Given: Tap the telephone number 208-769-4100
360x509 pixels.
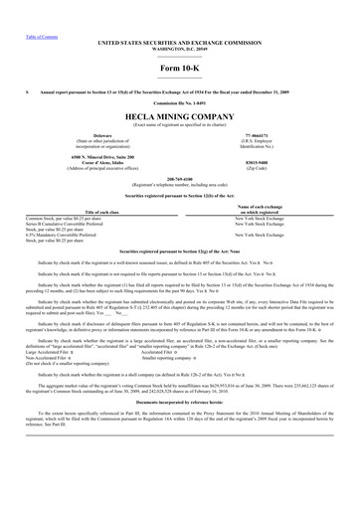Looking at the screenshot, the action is [179, 168].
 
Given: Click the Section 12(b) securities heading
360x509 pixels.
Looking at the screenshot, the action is [179, 182].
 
